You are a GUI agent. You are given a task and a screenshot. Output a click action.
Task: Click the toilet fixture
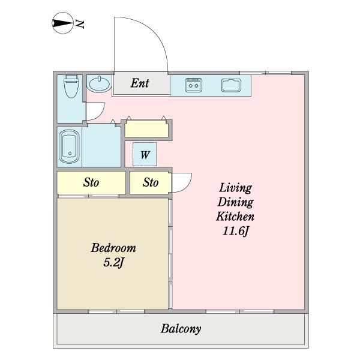[71, 86]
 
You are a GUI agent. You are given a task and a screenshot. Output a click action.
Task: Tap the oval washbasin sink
[100, 84]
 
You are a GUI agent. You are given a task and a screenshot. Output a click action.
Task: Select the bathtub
[69, 146]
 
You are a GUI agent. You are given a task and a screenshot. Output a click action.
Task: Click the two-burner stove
[194, 85]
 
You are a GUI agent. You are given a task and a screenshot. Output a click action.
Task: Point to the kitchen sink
[231, 85]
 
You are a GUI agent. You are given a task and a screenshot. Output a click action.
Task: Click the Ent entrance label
[140, 83]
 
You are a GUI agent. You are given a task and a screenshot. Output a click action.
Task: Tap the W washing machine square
[145, 154]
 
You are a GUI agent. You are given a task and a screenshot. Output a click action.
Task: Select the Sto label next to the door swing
[151, 182]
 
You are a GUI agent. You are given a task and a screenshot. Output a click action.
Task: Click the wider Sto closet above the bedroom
[91, 182]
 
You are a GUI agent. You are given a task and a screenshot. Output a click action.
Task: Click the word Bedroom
[113, 248]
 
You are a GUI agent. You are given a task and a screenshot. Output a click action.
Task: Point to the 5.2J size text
[114, 262]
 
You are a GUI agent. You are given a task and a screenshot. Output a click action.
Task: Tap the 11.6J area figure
[236, 231]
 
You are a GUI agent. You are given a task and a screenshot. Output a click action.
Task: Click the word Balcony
[181, 329]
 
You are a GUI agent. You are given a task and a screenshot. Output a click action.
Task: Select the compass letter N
[80, 23]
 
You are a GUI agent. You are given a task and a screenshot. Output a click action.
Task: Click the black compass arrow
[62, 23]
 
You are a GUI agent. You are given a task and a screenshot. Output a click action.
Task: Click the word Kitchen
[235, 216]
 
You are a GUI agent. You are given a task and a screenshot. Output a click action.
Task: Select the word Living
[236, 188]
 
